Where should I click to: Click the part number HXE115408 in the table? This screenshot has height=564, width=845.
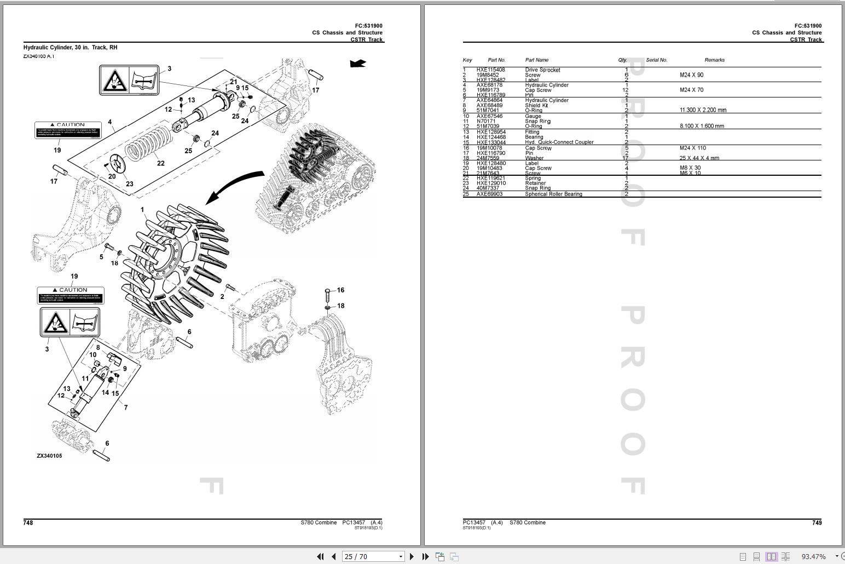490,70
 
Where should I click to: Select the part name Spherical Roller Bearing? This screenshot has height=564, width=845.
553,194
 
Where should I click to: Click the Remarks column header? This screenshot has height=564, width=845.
714,60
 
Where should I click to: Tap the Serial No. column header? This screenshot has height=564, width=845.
656,60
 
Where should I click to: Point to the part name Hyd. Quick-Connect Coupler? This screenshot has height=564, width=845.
559,142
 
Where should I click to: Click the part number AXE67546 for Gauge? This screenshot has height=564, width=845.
489,116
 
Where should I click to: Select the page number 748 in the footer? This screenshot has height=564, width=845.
28,523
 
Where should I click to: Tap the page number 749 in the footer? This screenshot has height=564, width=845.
817,523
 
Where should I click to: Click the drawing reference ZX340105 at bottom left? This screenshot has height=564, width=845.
49,456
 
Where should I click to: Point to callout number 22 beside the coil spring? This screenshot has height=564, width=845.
160,163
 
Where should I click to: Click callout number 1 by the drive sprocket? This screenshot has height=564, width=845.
142,210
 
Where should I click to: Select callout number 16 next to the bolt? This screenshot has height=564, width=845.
340,290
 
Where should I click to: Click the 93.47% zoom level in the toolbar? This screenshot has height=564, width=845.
813,556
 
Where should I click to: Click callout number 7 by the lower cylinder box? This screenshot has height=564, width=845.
126,407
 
